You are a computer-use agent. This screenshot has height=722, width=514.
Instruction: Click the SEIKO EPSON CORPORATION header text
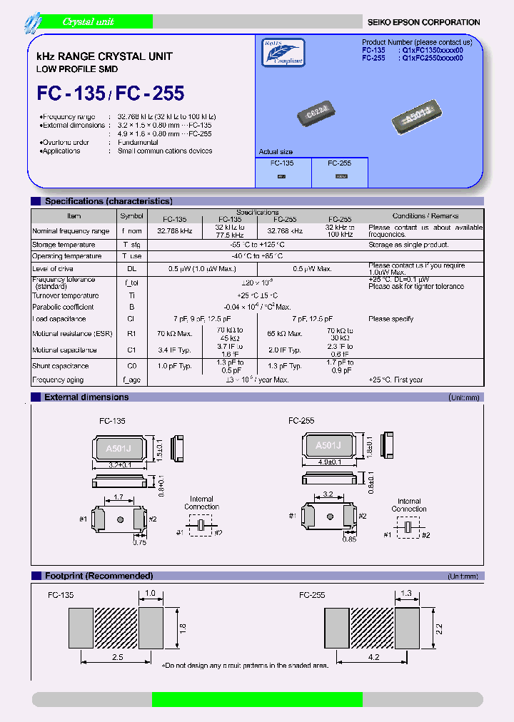pyautogui.click(x=423, y=22)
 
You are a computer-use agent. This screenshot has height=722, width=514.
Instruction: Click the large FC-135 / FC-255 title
pyautogui.click(x=110, y=93)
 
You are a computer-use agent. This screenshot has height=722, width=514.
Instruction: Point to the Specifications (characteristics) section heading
pyautogui.click(x=108, y=201)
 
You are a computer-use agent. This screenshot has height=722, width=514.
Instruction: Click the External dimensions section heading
pyautogui.click(x=86, y=397)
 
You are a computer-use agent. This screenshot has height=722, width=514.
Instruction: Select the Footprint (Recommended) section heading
pyautogui.click(x=99, y=576)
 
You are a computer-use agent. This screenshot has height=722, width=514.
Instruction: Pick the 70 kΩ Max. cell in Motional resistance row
pyautogui.click(x=174, y=334)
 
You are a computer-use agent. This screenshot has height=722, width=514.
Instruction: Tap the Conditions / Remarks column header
pyautogui.click(x=425, y=215)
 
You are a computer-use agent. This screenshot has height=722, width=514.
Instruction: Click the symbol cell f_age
pyautogui.click(x=131, y=380)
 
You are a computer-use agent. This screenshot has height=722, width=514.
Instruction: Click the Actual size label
pyautogui.click(x=276, y=152)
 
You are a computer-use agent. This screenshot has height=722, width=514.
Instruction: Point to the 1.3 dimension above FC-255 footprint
pyautogui.click(x=407, y=592)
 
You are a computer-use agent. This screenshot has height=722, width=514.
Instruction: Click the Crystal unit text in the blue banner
pyautogui.click(x=88, y=22)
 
